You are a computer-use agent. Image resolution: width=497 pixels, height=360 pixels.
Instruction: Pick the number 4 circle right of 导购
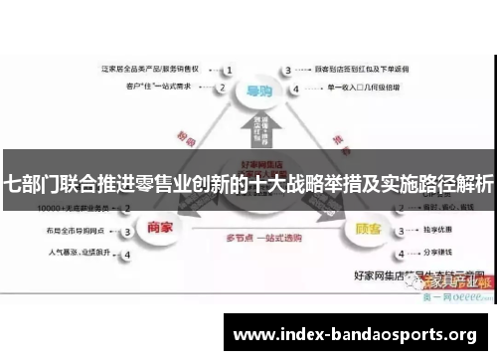(288, 88)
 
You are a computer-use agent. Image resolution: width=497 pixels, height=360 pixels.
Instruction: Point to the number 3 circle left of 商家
(126, 231)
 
